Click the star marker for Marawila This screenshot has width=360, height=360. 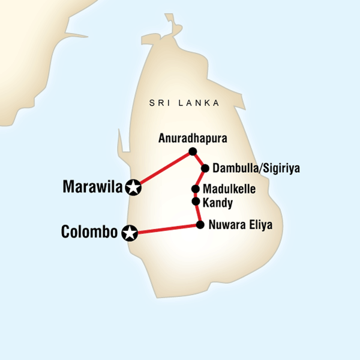pyautogui.click(x=133, y=188)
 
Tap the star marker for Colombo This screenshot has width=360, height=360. pyautogui.click(x=129, y=232)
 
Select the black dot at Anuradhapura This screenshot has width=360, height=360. pyautogui.click(x=192, y=151)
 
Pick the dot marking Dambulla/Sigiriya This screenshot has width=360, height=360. pyautogui.click(x=205, y=168)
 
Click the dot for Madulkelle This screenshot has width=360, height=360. pyautogui.click(x=196, y=188)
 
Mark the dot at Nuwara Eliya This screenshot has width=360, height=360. pyautogui.click(x=200, y=225)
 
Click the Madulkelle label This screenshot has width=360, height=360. pyautogui.click(x=230, y=189)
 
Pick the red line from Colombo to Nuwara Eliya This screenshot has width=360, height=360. pyautogui.click(x=165, y=229)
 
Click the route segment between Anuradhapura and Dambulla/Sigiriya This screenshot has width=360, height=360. pyautogui.click(x=199, y=160)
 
